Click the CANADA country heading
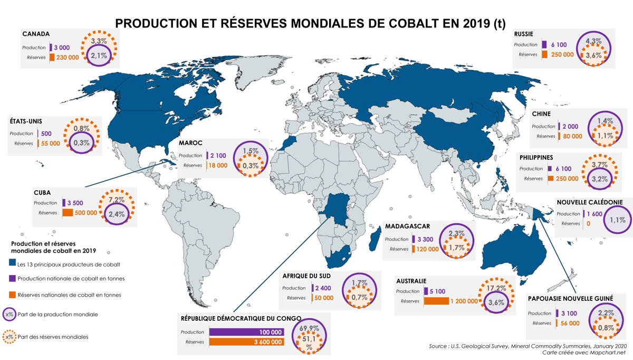tap(36, 34)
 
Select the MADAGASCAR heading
tap(408, 226)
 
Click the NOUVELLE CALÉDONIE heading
tap(590, 202)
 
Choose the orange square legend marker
tap(12, 295)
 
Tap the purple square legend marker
tap(12, 278)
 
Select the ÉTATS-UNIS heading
tap(26, 120)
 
